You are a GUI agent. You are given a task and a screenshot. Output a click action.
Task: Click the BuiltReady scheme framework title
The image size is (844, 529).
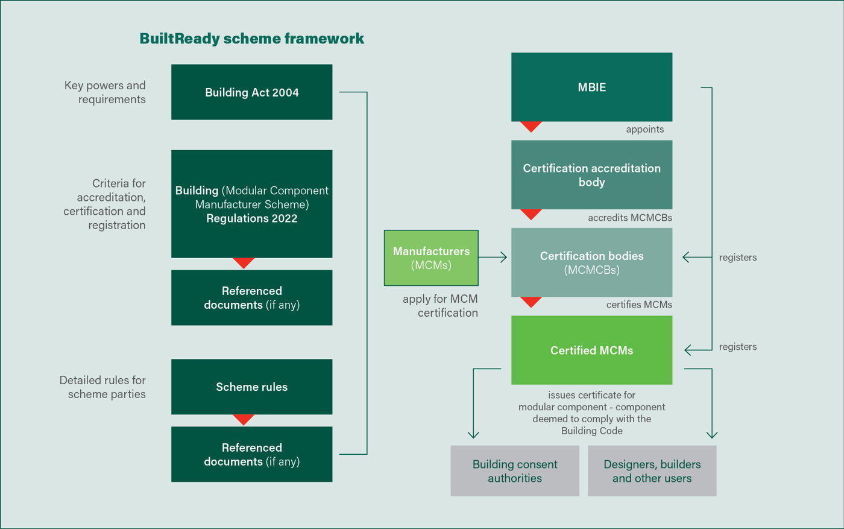[251, 39]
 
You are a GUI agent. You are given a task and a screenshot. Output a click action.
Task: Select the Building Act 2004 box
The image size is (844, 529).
[251, 92]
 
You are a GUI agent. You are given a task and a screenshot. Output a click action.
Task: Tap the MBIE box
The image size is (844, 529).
[591, 87]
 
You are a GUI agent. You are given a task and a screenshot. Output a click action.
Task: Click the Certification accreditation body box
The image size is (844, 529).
[591, 175]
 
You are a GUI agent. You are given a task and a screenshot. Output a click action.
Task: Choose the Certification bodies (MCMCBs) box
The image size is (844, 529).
[591, 262]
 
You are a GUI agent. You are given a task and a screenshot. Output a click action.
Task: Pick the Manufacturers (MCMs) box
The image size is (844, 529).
[431, 258]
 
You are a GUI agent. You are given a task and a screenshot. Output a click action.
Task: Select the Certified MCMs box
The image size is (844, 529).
[591, 350]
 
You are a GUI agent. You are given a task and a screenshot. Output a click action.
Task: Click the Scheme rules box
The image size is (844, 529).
[251, 387]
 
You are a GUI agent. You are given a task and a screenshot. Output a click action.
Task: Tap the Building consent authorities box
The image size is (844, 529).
[515, 471]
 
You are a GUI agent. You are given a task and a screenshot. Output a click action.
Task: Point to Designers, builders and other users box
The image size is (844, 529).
[652, 471]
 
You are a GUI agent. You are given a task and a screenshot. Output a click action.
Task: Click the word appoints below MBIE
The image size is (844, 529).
[644, 129]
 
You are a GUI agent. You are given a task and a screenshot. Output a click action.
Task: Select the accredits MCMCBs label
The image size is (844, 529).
[629, 218]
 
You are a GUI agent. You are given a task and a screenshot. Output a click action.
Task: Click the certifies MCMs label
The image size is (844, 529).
[638, 305]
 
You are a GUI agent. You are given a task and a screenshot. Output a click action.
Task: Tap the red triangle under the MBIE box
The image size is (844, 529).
[531, 126]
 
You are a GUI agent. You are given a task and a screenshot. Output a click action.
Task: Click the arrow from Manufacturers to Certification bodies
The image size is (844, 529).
[494, 258]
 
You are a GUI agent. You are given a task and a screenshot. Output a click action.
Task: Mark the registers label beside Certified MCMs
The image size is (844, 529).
[737, 347]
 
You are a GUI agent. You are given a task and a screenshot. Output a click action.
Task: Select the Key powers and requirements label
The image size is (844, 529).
[105, 92]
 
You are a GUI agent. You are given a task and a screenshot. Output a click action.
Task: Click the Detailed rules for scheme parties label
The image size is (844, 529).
[102, 387]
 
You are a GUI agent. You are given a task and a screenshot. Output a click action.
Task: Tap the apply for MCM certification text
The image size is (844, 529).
[440, 306]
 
